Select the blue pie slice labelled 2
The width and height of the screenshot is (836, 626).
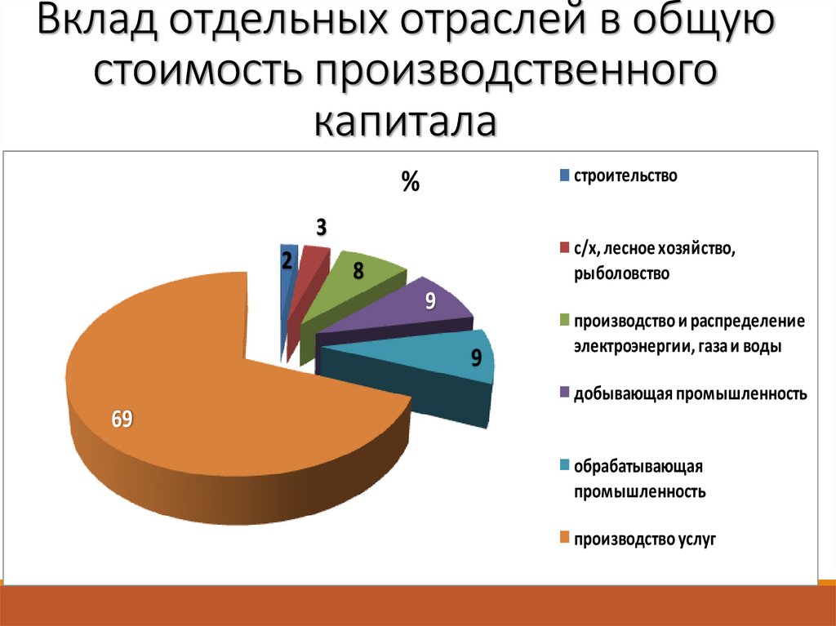pyautogui.click(x=287, y=269)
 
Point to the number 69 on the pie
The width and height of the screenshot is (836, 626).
pyautogui.click(x=122, y=420)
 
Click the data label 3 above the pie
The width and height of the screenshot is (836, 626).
pyautogui.click(x=322, y=229)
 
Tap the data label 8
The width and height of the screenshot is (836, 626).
pyautogui.click(x=358, y=273)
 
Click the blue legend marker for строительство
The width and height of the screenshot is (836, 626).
pyautogui.click(x=563, y=175)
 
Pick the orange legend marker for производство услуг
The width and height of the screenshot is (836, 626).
pyautogui.click(x=563, y=538)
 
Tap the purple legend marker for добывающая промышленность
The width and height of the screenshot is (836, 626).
pyautogui.click(x=563, y=393)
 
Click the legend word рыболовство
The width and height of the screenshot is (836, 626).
pyautogui.click(x=621, y=273)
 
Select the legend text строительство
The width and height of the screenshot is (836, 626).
pyautogui.click(x=625, y=175)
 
